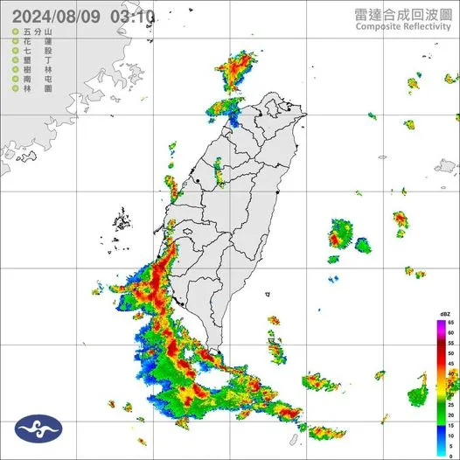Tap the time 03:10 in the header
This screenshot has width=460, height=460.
(x=134, y=16)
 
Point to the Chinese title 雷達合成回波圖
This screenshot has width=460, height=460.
(x=402, y=14)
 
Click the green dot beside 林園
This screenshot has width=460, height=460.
(x=16, y=90)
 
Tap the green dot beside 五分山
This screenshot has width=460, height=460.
(x=16, y=32)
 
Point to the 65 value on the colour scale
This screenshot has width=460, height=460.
(x=451, y=324)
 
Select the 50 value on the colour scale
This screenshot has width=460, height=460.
(x=451, y=353)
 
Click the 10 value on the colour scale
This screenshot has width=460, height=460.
(x=451, y=434)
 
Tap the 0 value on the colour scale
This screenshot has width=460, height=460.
(x=451, y=454)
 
